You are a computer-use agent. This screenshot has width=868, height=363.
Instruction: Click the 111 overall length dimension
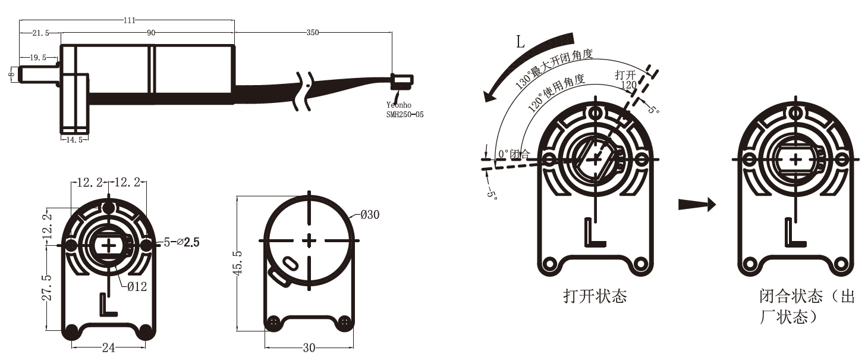pyautogui.click(x=128, y=20)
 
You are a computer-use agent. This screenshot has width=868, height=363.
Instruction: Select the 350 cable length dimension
pyautogui.click(x=312, y=33)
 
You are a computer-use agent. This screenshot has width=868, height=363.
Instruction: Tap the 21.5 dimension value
pyautogui.click(x=39, y=33)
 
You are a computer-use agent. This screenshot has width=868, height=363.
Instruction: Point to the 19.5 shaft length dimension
pyautogui.click(x=37, y=58)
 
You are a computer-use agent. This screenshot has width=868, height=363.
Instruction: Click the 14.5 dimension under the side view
pyautogui.click(x=74, y=139)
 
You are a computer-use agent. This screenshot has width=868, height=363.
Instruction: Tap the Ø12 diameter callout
pyautogui.click(x=137, y=286)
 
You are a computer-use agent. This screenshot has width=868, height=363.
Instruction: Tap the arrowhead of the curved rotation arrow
pyautogui.click(x=491, y=94)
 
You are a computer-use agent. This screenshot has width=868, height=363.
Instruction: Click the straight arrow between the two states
pyautogui.click(x=697, y=205)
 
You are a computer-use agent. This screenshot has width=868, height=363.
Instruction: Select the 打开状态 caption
pyautogui.click(x=595, y=296)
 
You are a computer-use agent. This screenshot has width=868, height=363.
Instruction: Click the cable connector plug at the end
pyautogui.click(x=402, y=80)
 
